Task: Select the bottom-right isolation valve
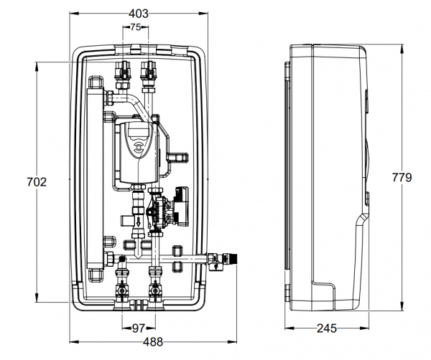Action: [153, 293]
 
